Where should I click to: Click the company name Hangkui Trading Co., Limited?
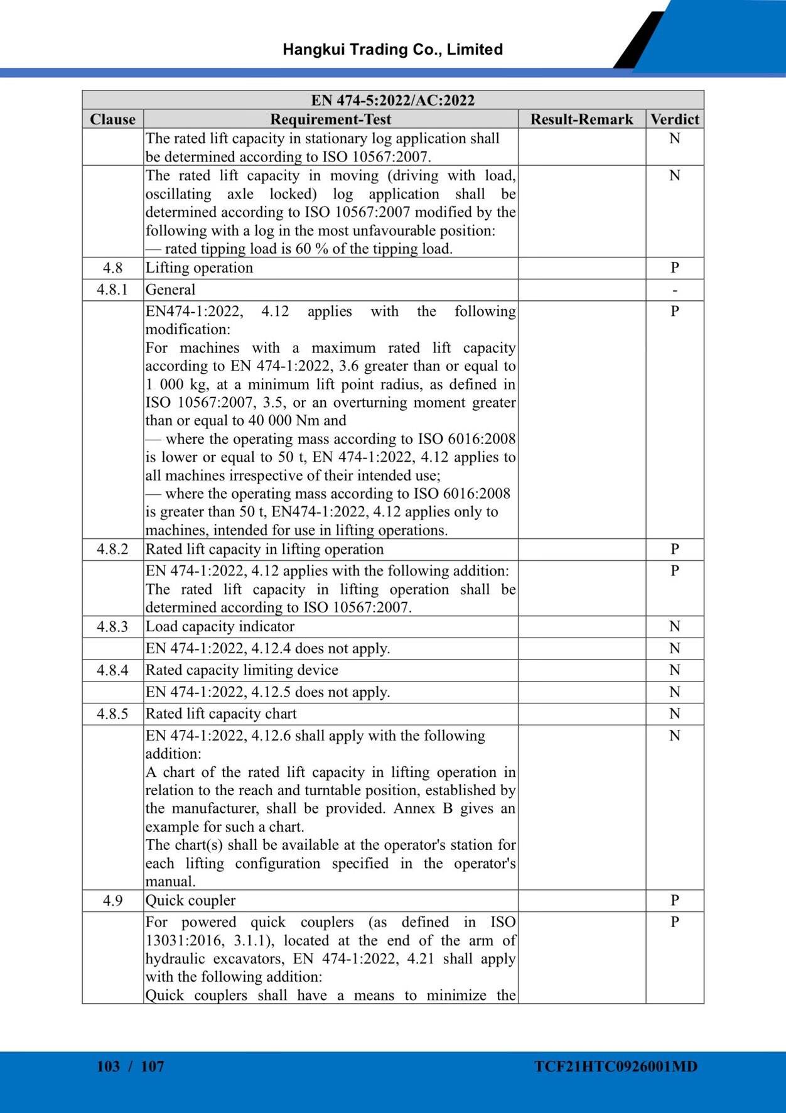(392, 50)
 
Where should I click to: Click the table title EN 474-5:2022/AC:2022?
(392, 100)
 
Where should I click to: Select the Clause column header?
(112, 119)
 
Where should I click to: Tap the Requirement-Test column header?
(330, 119)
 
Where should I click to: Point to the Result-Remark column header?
(581, 119)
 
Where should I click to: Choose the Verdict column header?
(674, 119)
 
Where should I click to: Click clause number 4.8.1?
(112, 290)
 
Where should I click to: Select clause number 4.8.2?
(112, 550)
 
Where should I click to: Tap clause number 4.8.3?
(112, 627)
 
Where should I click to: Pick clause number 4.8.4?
(112, 670)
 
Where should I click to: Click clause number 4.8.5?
(112, 714)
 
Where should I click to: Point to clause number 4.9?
(112, 901)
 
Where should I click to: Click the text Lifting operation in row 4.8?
(199, 268)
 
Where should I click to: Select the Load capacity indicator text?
(220, 627)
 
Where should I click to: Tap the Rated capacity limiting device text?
(242, 670)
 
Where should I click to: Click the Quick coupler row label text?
(190, 901)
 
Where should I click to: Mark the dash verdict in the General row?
(674, 290)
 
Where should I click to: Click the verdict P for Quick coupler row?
(674, 901)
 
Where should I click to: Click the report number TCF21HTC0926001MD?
(615, 1067)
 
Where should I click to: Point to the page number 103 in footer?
(108, 1067)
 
